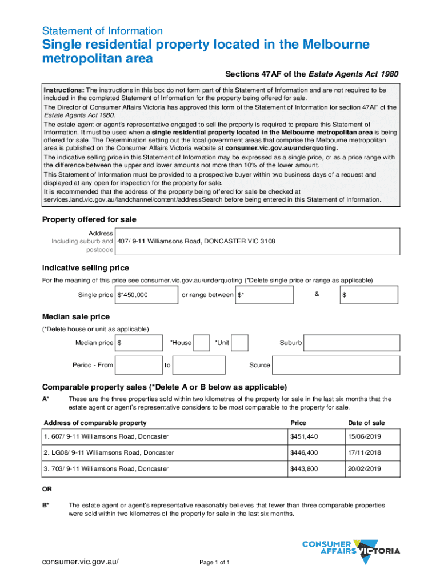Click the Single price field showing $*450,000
(146, 295)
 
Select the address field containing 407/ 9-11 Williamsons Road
(257, 241)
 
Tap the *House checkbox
(201, 342)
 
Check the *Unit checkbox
(239, 342)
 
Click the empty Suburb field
(351, 343)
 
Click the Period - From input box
(138, 365)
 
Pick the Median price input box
(138, 343)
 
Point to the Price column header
(298, 423)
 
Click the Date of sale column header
(366, 423)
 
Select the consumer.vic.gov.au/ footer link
(81, 562)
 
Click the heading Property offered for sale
(90, 219)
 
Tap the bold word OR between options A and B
(47, 489)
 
